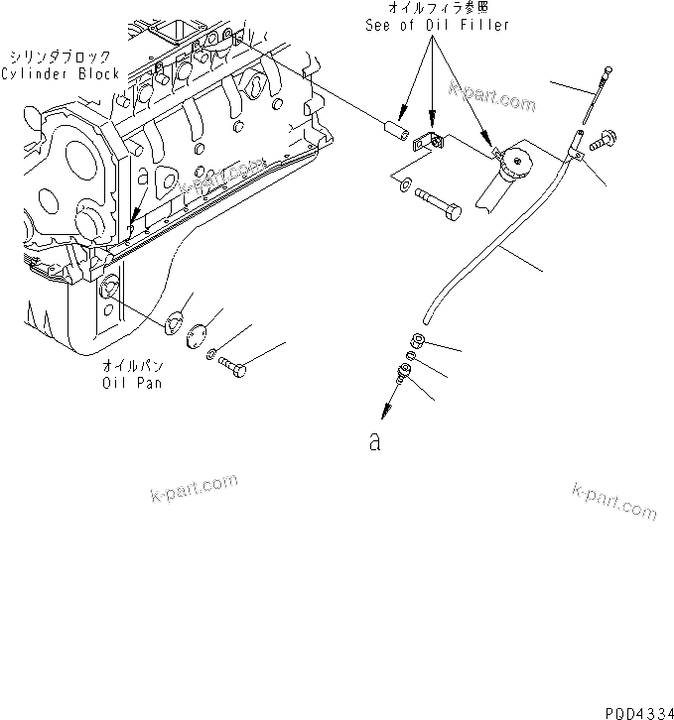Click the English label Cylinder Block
pos(60,73)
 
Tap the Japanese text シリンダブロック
pos(60,56)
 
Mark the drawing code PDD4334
pos(633,710)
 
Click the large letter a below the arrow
pos(374,442)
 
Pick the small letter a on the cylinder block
pos(143,176)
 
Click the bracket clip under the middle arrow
pos(430,145)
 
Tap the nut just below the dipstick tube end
pos(419,342)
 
